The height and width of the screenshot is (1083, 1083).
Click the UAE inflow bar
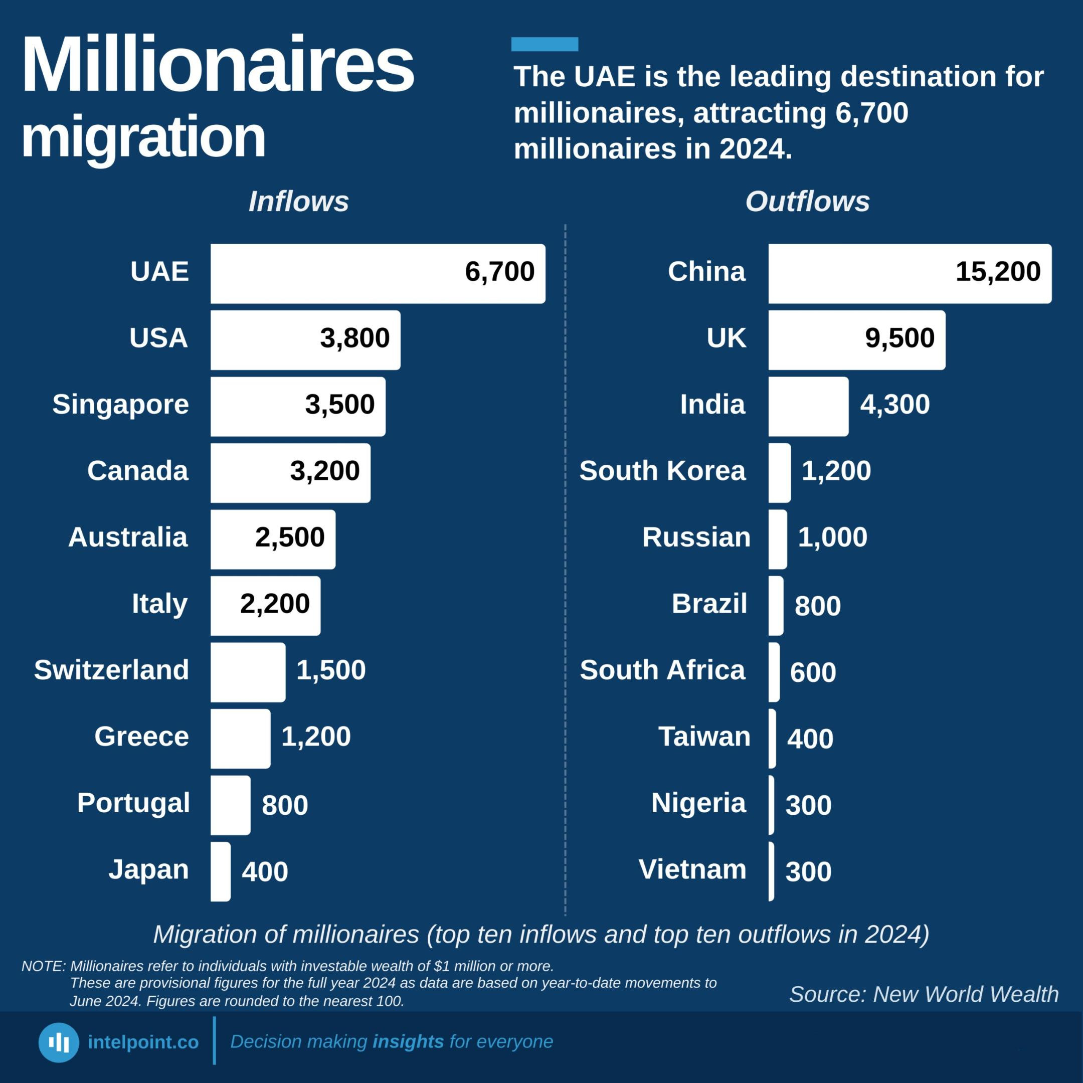coord(378,274)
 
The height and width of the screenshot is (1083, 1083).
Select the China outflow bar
coord(910,274)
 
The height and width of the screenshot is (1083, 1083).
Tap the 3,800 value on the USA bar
coord(355,338)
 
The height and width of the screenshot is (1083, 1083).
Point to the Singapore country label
coord(120,405)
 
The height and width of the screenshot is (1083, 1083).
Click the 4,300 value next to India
coord(895,405)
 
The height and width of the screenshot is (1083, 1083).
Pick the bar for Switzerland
coord(248,672)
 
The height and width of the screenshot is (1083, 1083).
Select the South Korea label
coord(662,470)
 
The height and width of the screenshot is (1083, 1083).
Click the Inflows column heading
coord(298,201)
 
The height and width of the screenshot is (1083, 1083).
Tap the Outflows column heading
coord(807,201)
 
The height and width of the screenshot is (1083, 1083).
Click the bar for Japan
coord(220,872)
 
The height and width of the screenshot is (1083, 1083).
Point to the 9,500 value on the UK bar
coord(899,338)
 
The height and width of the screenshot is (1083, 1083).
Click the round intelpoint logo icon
coord(59,1042)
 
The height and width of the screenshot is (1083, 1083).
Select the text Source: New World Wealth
coord(924,994)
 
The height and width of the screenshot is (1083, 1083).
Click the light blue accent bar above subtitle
coord(545,44)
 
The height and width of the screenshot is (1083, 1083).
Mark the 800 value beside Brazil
coord(818,606)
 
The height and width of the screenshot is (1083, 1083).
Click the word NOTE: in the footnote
coord(44,966)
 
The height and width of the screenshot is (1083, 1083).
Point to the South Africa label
coord(662,670)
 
